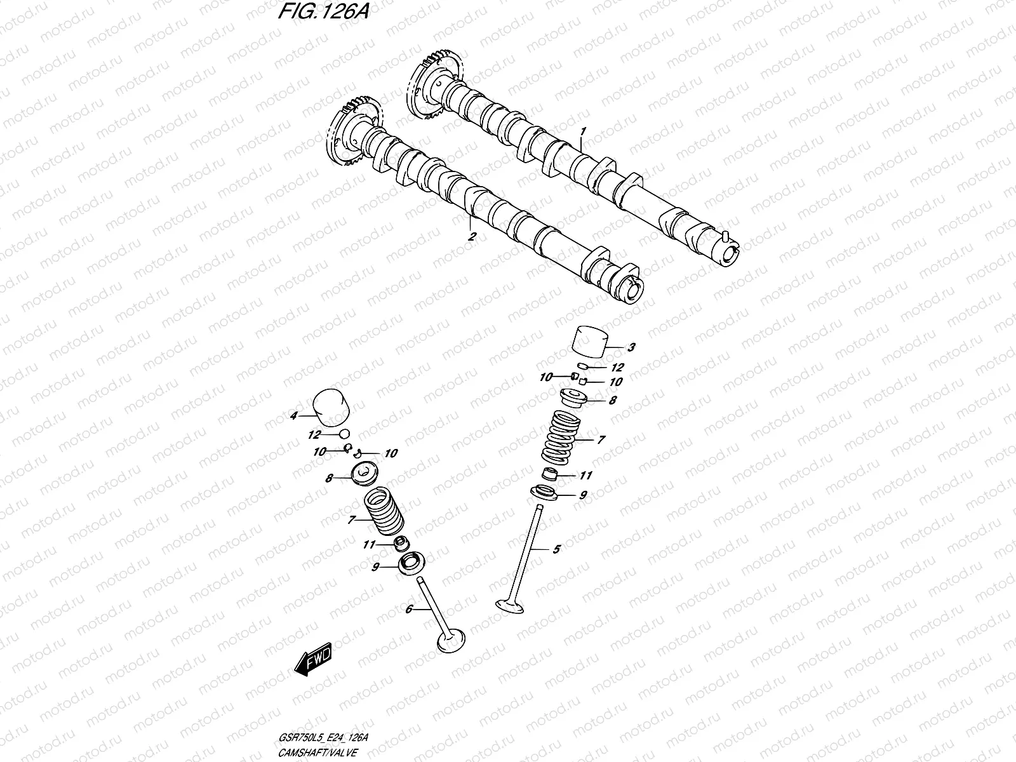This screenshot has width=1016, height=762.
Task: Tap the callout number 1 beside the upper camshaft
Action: pyautogui.click(x=583, y=131)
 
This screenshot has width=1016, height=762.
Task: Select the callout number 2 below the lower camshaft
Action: pyautogui.click(x=471, y=237)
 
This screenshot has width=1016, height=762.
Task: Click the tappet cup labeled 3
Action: pyautogui.click(x=590, y=343)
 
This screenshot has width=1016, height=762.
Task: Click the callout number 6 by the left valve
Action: pyautogui.click(x=409, y=609)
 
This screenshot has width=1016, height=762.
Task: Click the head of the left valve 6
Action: pyautogui.click(x=452, y=639)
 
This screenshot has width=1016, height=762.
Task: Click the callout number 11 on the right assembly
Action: pyautogui.click(x=585, y=475)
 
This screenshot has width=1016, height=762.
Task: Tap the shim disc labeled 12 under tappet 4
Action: pyautogui.click(x=345, y=434)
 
